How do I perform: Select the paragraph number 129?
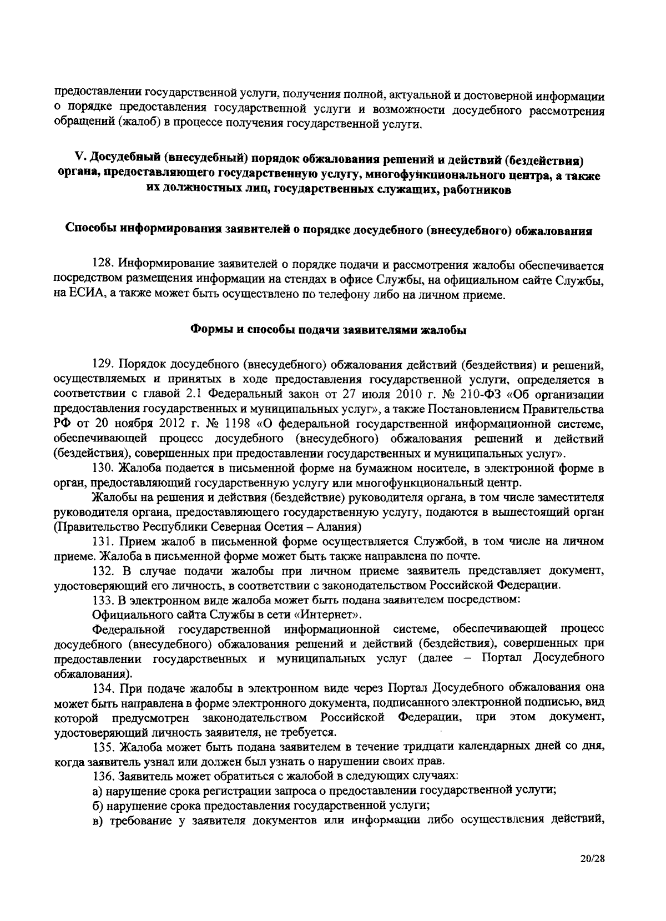click(x=102, y=365)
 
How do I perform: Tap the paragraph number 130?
click(x=102, y=469)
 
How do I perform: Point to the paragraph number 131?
click(x=102, y=541)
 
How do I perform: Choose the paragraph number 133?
click(x=102, y=600)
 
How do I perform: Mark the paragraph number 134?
click(x=102, y=687)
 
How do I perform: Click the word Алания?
click(x=339, y=526)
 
